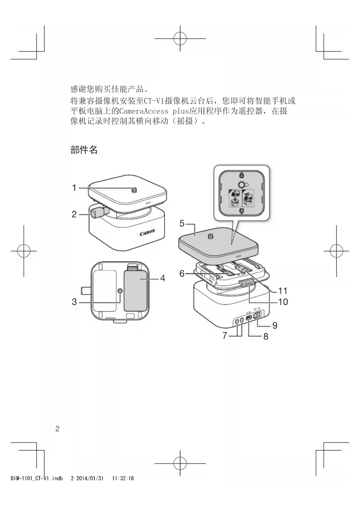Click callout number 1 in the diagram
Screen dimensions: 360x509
click(x=74, y=188)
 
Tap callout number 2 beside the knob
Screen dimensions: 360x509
click(x=74, y=214)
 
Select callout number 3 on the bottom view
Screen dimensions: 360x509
click(x=74, y=302)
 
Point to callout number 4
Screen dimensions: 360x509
click(x=163, y=278)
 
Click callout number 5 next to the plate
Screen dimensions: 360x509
click(x=182, y=223)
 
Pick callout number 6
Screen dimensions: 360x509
click(x=182, y=273)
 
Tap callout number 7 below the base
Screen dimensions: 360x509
click(x=225, y=336)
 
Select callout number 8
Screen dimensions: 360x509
click(x=266, y=336)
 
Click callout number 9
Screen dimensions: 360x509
click(x=275, y=326)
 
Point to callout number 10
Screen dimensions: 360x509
click(x=283, y=302)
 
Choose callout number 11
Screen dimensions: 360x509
click(x=283, y=291)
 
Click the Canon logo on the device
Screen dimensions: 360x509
click(x=147, y=232)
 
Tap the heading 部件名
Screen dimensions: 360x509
click(x=84, y=150)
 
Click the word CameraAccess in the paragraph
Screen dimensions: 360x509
click(x=144, y=111)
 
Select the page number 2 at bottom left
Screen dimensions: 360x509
click(x=57, y=429)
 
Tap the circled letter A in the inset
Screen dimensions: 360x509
click(x=241, y=176)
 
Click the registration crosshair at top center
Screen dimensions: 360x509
click(x=180, y=38)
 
